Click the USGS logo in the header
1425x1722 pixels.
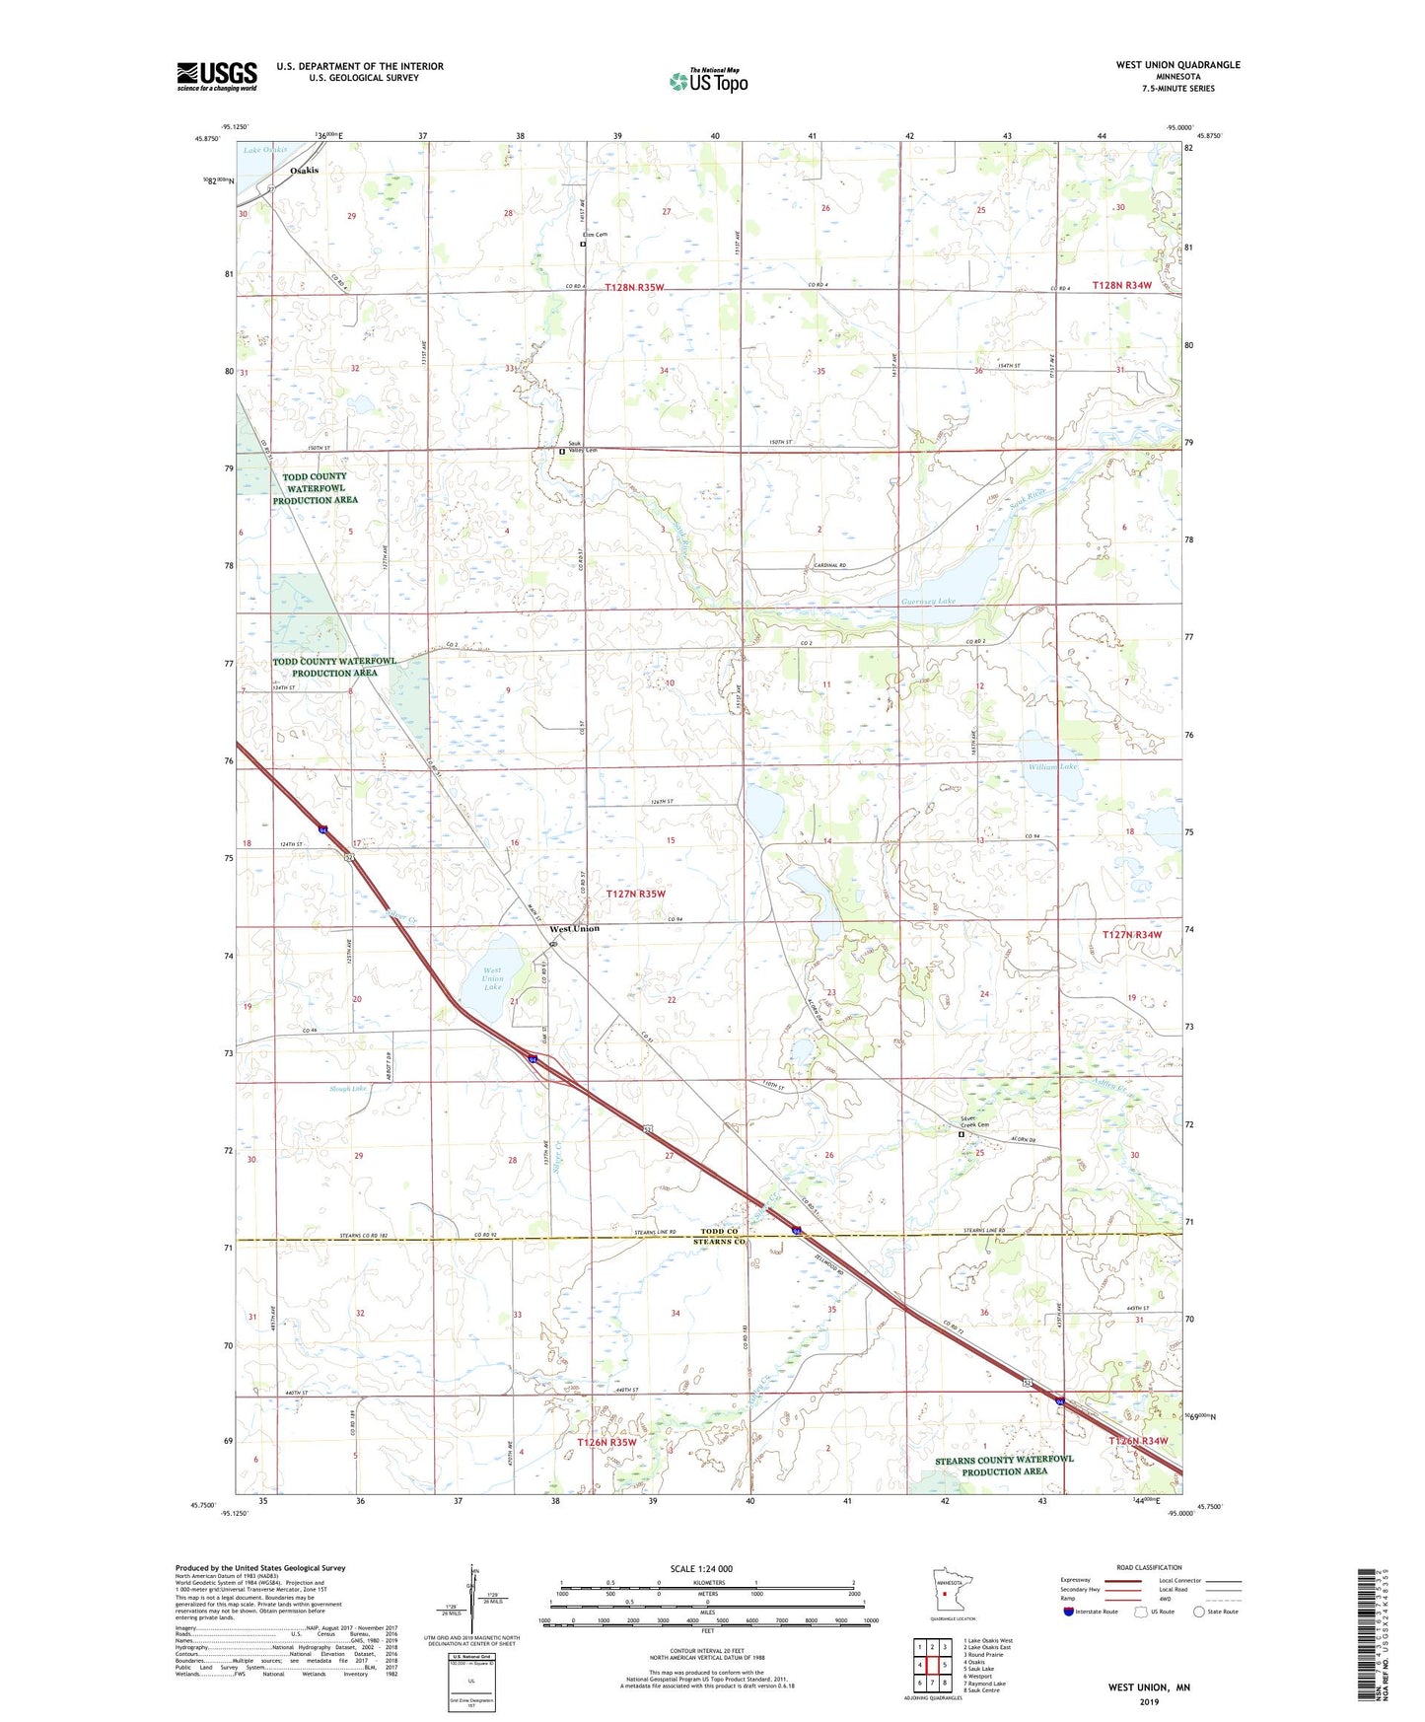pos(217,75)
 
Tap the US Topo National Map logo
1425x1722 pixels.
pos(708,80)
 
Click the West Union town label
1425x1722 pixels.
pos(574,928)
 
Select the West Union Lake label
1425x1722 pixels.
pos(492,978)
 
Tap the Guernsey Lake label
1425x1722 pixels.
pos(927,601)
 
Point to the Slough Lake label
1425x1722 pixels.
pos(348,1089)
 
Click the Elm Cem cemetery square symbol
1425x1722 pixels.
pos(583,244)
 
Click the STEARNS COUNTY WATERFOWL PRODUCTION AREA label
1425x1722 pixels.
pos(1004,1465)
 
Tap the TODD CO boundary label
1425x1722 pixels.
pos(719,1231)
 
